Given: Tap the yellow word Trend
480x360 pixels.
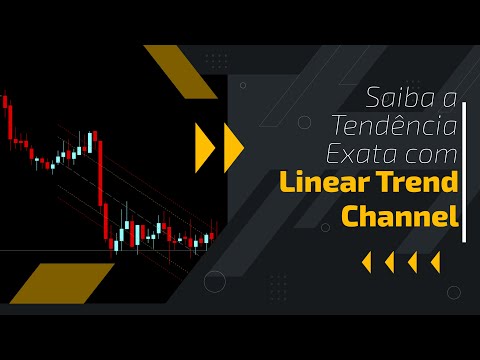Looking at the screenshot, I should coord(418,184).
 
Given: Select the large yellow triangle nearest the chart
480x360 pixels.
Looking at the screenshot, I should coord(204,146).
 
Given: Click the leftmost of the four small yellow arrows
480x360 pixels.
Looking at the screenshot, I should coord(366,263).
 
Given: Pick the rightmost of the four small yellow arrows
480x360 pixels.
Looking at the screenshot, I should coord(435,263).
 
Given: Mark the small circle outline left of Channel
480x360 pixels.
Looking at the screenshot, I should coord(325,228).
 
